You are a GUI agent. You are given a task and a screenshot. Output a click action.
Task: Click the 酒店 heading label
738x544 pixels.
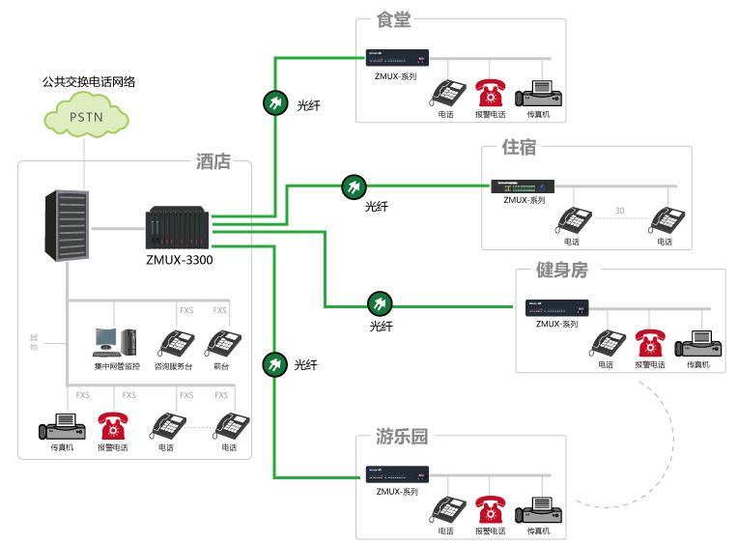pyautogui.click(x=213, y=162)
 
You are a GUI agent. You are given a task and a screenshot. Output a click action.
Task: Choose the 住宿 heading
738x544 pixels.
pyautogui.click(x=520, y=148)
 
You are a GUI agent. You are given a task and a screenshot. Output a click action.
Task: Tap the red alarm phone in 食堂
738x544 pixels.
pyautogui.click(x=490, y=94)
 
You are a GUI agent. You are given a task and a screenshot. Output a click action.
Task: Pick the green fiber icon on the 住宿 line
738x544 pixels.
pyautogui.click(x=354, y=186)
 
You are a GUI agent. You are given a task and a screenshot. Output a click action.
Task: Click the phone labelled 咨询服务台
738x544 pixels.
pyautogui.click(x=176, y=343)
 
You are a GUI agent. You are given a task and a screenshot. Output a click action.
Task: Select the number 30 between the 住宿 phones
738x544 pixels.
pyautogui.click(x=619, y=211)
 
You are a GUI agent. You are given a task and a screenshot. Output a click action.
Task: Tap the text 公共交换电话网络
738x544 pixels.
pyautogui.click(x=89, y=82)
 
